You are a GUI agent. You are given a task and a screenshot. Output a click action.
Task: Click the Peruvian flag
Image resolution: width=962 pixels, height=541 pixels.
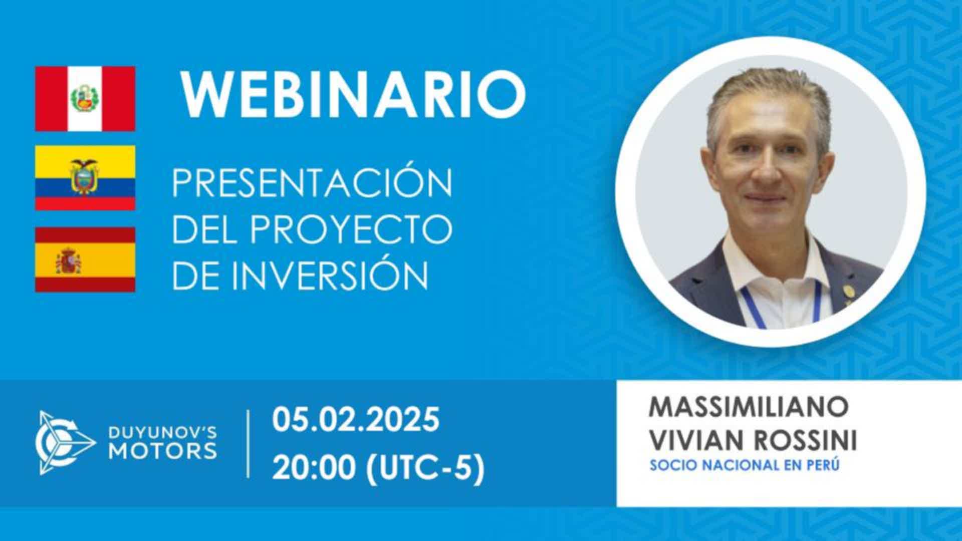(85, 98)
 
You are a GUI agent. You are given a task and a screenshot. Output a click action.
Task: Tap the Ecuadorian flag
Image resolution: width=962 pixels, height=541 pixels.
(85, 178)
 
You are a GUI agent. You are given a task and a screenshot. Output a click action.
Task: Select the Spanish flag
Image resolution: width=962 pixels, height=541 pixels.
(85, 259)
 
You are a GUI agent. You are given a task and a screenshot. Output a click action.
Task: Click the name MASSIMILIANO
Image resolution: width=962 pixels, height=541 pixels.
(749, 407)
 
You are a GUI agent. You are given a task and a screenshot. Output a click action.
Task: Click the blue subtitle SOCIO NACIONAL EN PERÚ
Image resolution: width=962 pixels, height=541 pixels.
(745, 465)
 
